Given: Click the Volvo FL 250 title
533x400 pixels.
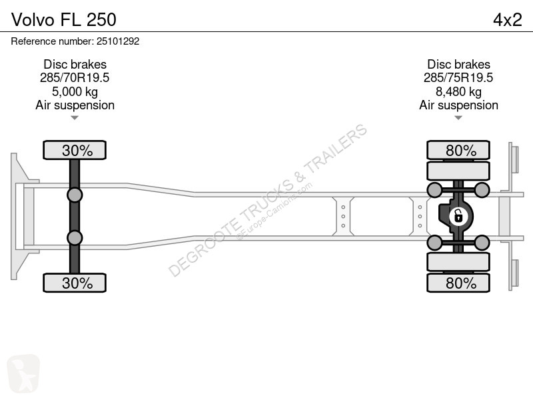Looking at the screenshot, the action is click(64, 19).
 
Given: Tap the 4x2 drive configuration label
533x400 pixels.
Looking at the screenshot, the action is click(508, 19).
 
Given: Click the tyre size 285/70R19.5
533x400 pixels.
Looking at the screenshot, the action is click(75, 78).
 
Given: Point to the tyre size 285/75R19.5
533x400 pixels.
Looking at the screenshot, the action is click(458, 78).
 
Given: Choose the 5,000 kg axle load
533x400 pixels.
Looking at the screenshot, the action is click(75, 91).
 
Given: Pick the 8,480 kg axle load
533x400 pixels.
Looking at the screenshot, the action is click(458, 91).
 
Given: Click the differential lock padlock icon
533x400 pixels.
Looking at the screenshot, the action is click(458, 216).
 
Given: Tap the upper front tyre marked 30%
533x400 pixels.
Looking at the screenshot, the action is click(75, 150).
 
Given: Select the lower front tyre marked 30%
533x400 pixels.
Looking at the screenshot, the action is click(75, 283).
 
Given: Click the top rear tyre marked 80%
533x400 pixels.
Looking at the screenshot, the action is click(458, 150).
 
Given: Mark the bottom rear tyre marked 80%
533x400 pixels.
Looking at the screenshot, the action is click(458, 283).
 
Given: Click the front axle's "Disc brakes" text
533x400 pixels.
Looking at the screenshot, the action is click(75, 64).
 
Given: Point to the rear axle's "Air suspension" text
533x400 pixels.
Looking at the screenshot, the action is click(458, 105).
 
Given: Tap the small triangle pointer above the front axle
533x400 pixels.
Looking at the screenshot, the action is click(75, 118).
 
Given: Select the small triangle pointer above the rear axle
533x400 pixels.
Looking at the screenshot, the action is click(458, 118).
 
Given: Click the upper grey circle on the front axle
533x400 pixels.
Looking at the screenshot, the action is click(75, 195).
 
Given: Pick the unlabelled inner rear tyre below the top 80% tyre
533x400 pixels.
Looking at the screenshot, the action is click(458, 171).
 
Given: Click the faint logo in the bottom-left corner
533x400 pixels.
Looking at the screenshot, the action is click(23, 373).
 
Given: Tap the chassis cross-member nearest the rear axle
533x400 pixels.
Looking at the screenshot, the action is click(420, 216).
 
